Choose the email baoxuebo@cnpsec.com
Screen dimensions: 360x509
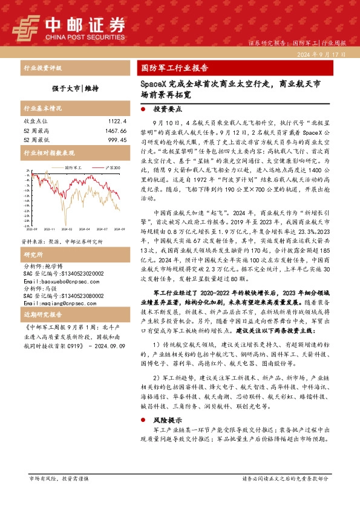point(59,282)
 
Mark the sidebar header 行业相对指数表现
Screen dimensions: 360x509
point(48,154)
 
